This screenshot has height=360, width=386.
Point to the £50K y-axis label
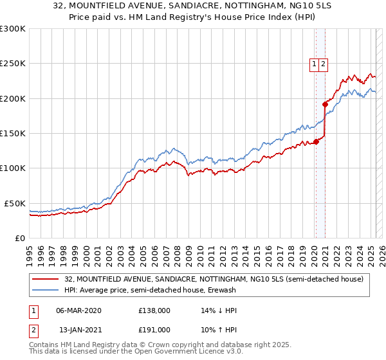tap(15, 203)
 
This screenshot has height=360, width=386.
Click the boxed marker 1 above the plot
tap(314, 64)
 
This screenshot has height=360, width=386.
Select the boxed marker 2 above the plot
tap(323, 64)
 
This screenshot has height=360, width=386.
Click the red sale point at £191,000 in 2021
tap(325, 105)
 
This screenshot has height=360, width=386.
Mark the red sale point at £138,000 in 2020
tap(316, 141)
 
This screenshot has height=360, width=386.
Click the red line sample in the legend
tap(45, 280)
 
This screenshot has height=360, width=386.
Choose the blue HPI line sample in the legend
tap(45, 291)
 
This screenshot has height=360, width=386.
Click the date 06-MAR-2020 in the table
tap(79, 310)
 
